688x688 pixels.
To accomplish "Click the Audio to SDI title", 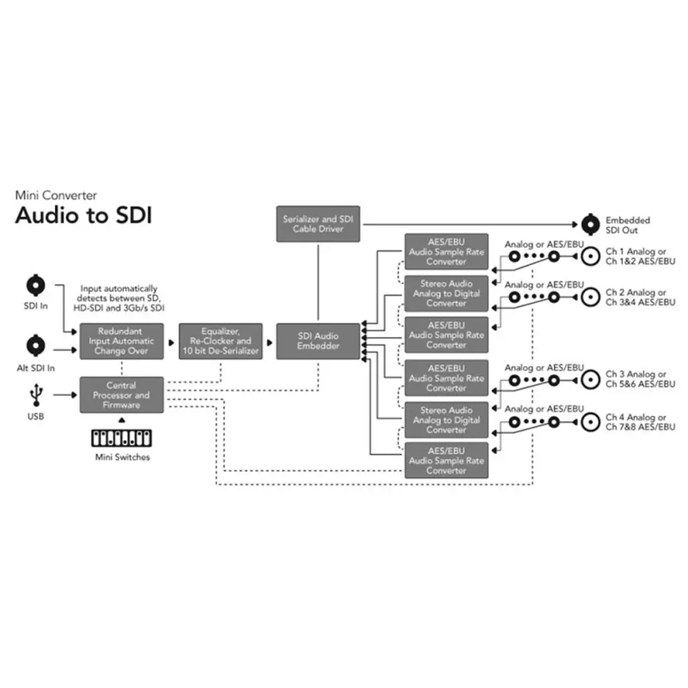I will coord(83,215).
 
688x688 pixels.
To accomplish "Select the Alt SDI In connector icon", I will coord(36,345).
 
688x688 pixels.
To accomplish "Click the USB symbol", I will coord(36,395).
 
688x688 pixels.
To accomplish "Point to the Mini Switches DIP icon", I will coord(122,438).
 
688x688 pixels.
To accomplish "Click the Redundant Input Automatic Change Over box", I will coord(122,341).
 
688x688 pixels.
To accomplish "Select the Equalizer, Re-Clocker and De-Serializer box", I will coord(220,341).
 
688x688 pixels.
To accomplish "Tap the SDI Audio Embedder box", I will coord(317,341).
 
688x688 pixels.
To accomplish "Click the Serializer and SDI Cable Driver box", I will coord(317,224).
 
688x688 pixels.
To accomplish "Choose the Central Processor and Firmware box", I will coord(122,396).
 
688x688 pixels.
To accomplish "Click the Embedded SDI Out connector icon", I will coord(589,224).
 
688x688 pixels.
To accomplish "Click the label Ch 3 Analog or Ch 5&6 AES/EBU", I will coord(636,379).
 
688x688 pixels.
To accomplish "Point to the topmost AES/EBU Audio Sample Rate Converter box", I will coord(446,252).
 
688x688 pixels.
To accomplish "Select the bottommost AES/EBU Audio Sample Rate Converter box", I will coord(446,461).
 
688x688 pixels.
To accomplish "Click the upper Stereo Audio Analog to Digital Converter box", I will coord(446,293).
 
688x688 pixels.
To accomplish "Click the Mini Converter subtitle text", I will coord(56,195).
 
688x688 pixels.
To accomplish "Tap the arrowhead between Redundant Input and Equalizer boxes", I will coord(171,341).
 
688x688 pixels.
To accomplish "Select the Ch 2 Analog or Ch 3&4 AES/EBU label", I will coord(636,297).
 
